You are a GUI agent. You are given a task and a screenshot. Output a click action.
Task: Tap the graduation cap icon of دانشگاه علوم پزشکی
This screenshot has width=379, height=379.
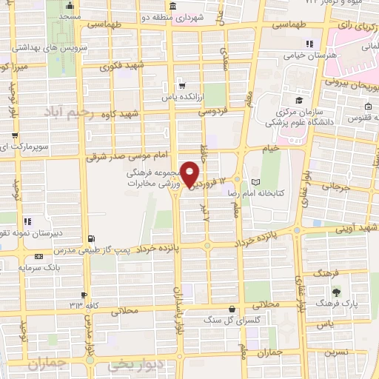pyautogui.click(x=298, y=101)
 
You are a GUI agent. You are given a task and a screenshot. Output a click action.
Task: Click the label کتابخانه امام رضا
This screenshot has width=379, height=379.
pyautogui.click(x=292, y=182)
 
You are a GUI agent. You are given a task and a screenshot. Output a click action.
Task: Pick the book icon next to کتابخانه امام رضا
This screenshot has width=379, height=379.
pyautogui.click(x=256, y=182)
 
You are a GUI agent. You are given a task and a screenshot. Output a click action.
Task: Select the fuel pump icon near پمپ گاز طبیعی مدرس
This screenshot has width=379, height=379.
pyautogui.click(x=90, y=238)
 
